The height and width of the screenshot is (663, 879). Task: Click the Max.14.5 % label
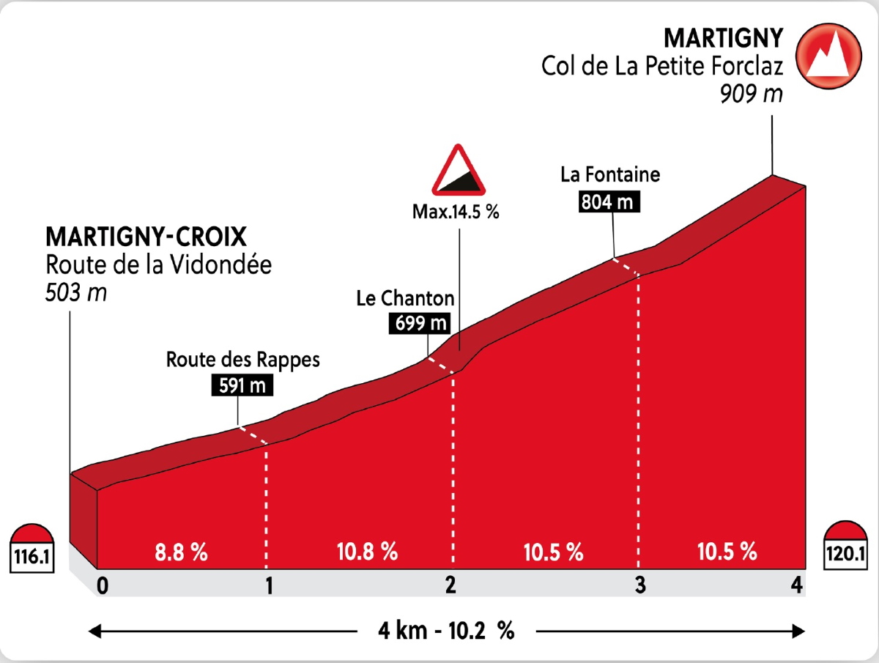[x=455, y=212]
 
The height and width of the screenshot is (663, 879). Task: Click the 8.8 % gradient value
[x=179, y=552]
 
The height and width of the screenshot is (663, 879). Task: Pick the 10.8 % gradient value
[x=368, y=552]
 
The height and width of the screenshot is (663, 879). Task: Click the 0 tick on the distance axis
[x=103, y=585]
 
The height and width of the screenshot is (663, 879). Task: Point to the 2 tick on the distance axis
[x=450, y=585]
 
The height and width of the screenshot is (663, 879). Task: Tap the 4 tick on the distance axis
[x=796, y=585]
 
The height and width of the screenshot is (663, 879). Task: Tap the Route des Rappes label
[x=243, y=360]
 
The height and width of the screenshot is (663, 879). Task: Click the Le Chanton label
[x=405, y=298]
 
